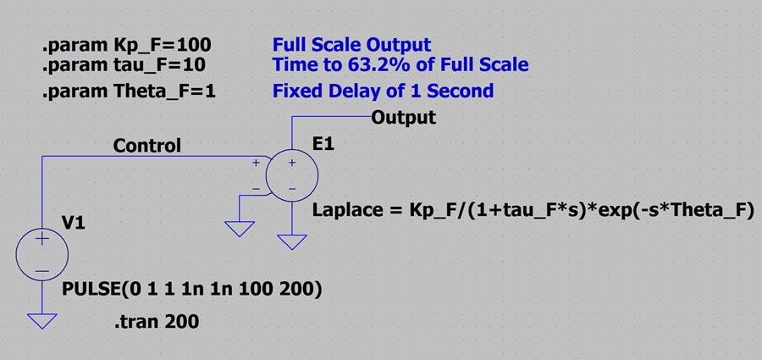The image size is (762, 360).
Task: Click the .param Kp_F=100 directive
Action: (126, 45)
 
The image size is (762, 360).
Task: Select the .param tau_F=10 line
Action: (124, 64)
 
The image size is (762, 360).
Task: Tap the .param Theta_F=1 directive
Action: (129, 91)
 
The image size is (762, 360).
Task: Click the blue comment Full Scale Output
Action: (351, 45)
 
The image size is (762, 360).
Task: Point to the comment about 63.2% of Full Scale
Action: (400, 64)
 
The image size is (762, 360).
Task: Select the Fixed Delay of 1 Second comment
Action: (383, 91)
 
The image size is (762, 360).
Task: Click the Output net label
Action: (403, 118)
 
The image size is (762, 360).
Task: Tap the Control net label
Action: (146, 146)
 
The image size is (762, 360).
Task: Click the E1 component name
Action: (324, 145)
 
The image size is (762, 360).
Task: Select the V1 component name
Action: (73, 223)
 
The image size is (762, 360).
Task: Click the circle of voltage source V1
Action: (16, 254)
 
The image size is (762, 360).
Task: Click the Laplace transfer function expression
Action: (533, 211)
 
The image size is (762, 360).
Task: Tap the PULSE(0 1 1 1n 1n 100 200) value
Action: (192, 290)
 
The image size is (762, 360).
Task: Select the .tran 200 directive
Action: (157, 322)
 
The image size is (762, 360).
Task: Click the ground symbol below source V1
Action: (41, 321)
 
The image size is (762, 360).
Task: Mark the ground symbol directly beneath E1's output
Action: (292, 241)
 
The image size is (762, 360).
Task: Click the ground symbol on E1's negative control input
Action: (240, 229)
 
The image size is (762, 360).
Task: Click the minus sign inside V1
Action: (42, 270)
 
